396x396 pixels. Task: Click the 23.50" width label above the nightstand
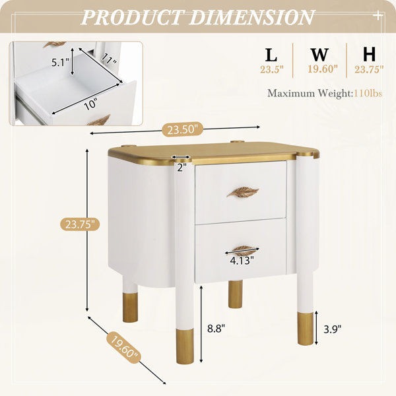point(182,129)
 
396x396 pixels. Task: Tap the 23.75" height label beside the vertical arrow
point(80,224)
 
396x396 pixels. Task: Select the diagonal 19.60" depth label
point(123,348)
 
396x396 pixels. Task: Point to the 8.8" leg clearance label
point(216,329)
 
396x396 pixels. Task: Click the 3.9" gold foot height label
point(333,329)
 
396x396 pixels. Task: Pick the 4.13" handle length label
point(242,261)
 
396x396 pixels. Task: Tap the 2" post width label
point(181,168)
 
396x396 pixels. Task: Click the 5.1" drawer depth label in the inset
point(60,62)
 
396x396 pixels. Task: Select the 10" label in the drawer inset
point(90,104)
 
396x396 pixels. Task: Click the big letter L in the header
point(271,55)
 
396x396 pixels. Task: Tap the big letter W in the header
point(319,55)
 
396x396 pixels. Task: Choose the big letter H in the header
point(369,55)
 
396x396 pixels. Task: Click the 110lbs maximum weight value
point(368,94)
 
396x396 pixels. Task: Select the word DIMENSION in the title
point(252,17)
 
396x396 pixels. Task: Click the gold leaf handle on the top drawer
point(243,191)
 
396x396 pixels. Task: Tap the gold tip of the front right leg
point(306,329)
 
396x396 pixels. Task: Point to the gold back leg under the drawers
point(236,294)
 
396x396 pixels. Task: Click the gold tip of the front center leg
point(185,346)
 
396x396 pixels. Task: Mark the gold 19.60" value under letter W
point(323,69)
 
